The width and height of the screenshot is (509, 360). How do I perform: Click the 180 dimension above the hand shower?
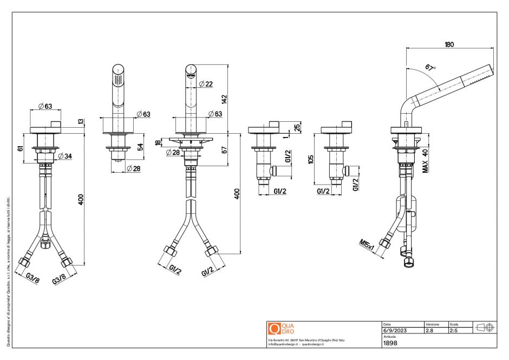coord(449,45)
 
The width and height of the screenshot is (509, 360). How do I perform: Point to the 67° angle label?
coord(430,68)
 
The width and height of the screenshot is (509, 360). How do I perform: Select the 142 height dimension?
coord(224,99)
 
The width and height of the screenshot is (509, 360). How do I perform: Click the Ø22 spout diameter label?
coord(206,84)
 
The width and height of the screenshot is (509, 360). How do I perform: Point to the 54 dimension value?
coord(140,147)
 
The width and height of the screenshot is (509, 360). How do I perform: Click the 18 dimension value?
coord(158,142)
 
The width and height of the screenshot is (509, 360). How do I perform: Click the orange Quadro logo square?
coord(274,328)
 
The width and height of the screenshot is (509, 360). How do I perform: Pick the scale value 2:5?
coord(454,330)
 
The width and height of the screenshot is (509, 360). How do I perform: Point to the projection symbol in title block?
coord(483,328)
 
